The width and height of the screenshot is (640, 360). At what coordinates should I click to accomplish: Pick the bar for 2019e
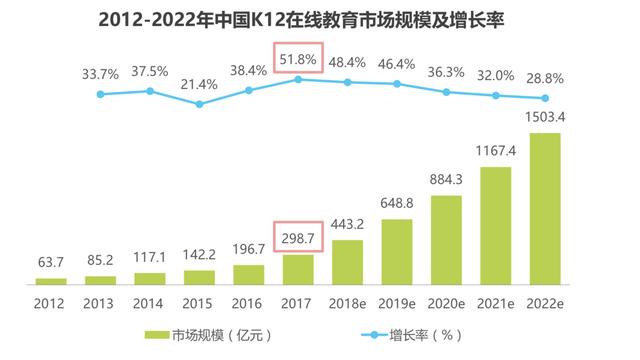coord(397,251)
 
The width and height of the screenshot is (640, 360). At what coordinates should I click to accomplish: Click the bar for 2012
coord(51,281)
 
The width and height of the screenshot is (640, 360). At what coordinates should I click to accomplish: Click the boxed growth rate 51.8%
coord(297,60)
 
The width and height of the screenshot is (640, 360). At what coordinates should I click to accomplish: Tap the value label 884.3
coord(446,180)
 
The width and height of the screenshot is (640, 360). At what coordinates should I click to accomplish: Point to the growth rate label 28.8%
coord(545,76)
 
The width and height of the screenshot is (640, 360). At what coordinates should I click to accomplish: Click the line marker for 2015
coord(199,104)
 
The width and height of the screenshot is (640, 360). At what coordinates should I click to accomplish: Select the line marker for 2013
coord(100,94)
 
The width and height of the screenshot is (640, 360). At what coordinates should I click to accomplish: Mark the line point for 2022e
coord(545,98)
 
